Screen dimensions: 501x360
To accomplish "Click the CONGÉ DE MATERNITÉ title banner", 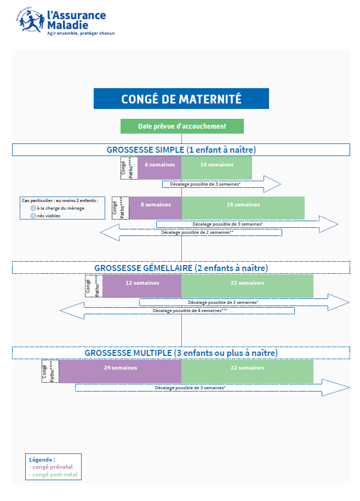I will tap(181, 99).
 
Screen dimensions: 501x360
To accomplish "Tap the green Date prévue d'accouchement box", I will tap(182, 126).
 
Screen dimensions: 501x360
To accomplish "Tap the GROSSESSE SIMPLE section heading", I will tap(181, 149).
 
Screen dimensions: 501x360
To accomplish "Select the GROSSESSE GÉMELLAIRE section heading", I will tap(181, 268).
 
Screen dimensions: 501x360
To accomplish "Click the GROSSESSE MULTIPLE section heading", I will tap(181, 353).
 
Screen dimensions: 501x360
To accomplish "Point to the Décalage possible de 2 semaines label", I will tap(197, 232).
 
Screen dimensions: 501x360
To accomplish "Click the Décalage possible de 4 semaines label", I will tap(190, 310).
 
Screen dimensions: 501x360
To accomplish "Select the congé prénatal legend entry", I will tap(53, 467).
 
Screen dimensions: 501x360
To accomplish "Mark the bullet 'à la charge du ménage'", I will tap(60, 208).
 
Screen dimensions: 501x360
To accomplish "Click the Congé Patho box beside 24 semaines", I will tap(48, 371).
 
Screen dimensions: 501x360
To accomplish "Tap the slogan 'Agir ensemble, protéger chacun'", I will tap(81, 33).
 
